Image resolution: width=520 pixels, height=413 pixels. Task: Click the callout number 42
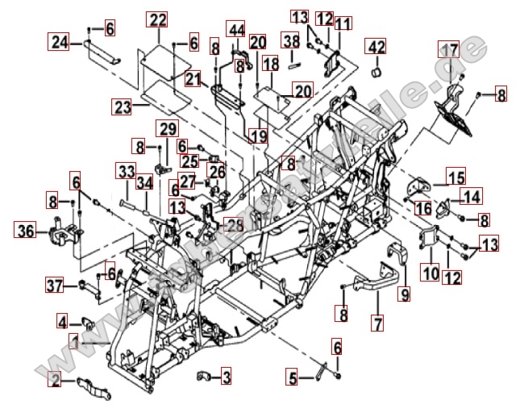(376, 47)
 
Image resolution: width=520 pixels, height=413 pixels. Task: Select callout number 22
(158, 19)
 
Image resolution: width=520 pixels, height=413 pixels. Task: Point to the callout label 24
(58, 42)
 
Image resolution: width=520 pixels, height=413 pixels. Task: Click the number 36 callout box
(25, 232)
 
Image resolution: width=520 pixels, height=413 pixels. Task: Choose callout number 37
(53, 285)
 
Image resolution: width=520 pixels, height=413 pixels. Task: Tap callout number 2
(55, 378)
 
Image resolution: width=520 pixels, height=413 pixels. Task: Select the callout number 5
(293, 376)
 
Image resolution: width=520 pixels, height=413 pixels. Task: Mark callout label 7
(376, 323)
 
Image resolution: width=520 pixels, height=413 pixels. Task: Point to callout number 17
(448, 50)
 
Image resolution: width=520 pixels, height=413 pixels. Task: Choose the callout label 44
(235, 30)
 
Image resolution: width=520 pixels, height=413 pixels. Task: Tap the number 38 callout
(290, 40)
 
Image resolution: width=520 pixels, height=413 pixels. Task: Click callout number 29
(168, 128)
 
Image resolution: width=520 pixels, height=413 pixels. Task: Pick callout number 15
(456, 176)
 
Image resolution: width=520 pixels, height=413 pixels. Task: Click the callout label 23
(122, 106)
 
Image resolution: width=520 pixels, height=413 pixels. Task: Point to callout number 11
(343, 23)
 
